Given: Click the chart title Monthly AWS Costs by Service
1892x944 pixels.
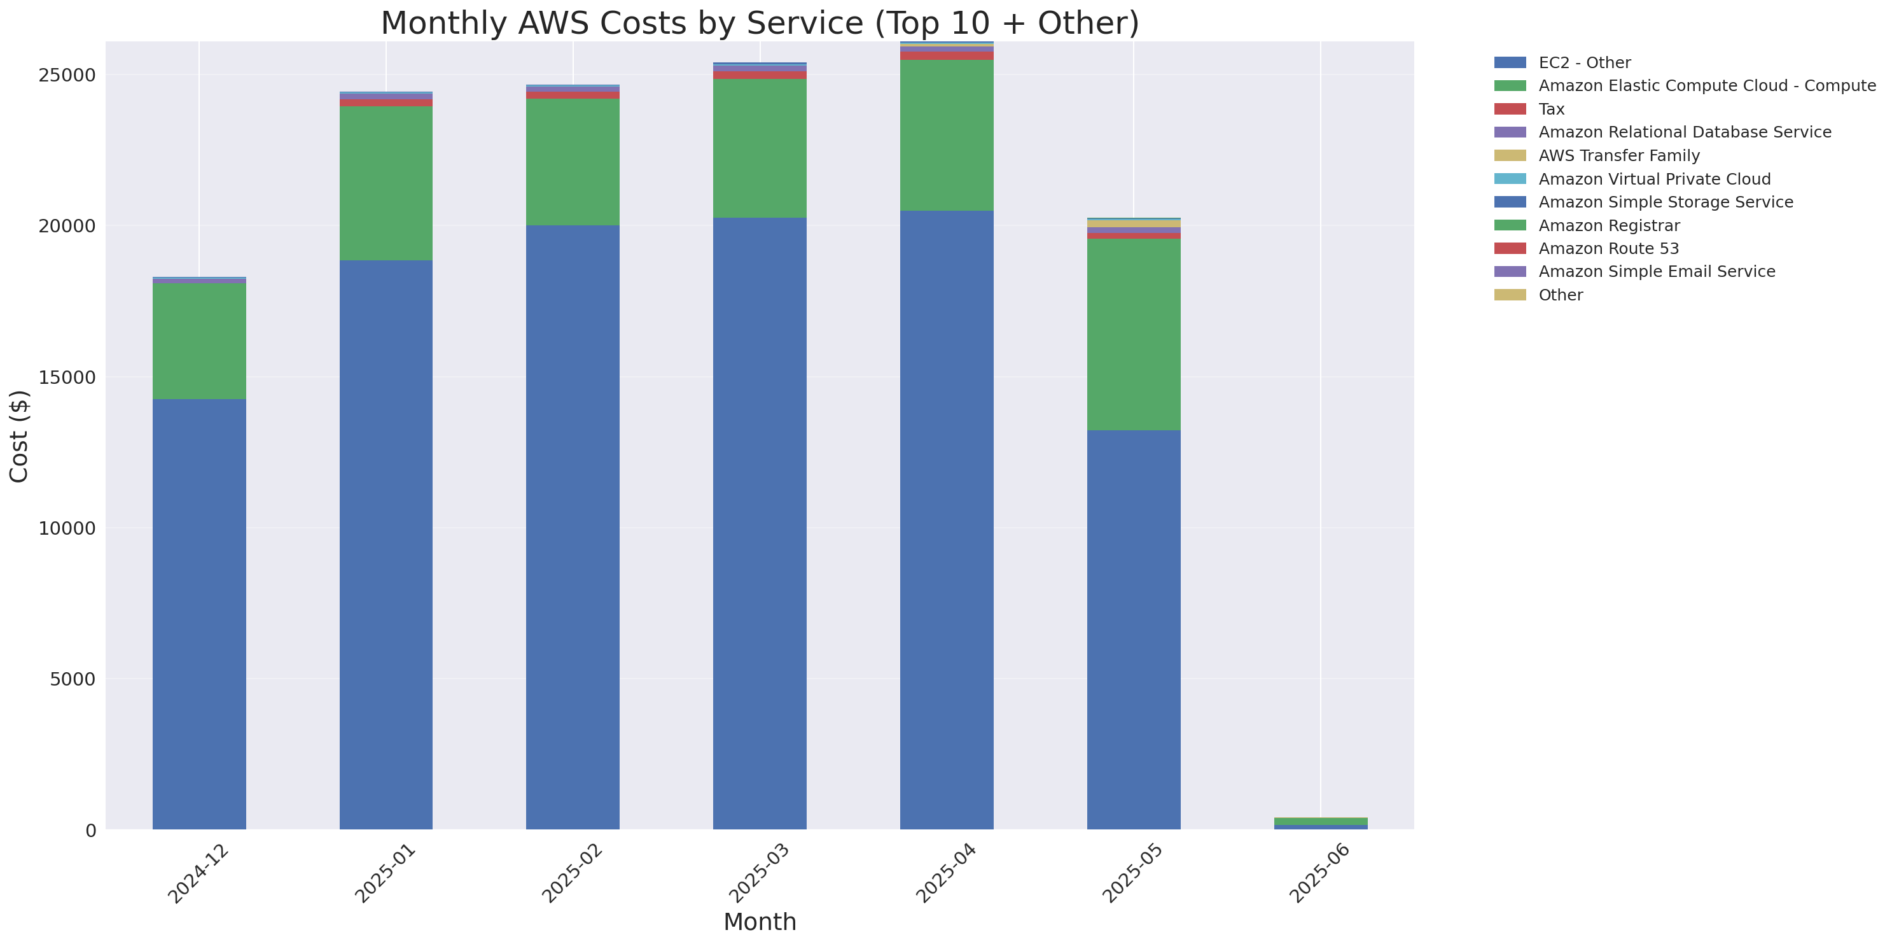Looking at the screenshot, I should click(x=760, y=23).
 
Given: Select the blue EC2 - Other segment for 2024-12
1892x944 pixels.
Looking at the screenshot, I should click(x=199, y=614).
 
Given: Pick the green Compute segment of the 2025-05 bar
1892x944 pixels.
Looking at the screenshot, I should click(x=1133, y=334).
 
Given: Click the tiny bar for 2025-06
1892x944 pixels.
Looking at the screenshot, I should click(x=1320, y=822).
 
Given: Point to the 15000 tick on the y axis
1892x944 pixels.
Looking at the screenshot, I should click(x=67, y=377).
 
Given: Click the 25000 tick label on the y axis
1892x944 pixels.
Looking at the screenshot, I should click(x=67, y=75).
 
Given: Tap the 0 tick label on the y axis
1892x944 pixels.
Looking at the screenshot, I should click(x=90, y=830).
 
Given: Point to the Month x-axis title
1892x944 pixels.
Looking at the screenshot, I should click(x=760, y=921).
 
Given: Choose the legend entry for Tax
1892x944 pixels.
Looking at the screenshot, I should click(x=1551, y=109).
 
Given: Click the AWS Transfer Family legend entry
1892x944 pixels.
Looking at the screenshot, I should click(x=1619, y=156).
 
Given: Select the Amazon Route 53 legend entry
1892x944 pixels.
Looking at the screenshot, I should click(x=1608, y=248).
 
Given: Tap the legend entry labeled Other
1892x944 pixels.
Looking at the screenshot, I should click(x=1560, y=295).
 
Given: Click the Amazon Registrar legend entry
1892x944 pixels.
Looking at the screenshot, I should click(x=1608, y=225).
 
